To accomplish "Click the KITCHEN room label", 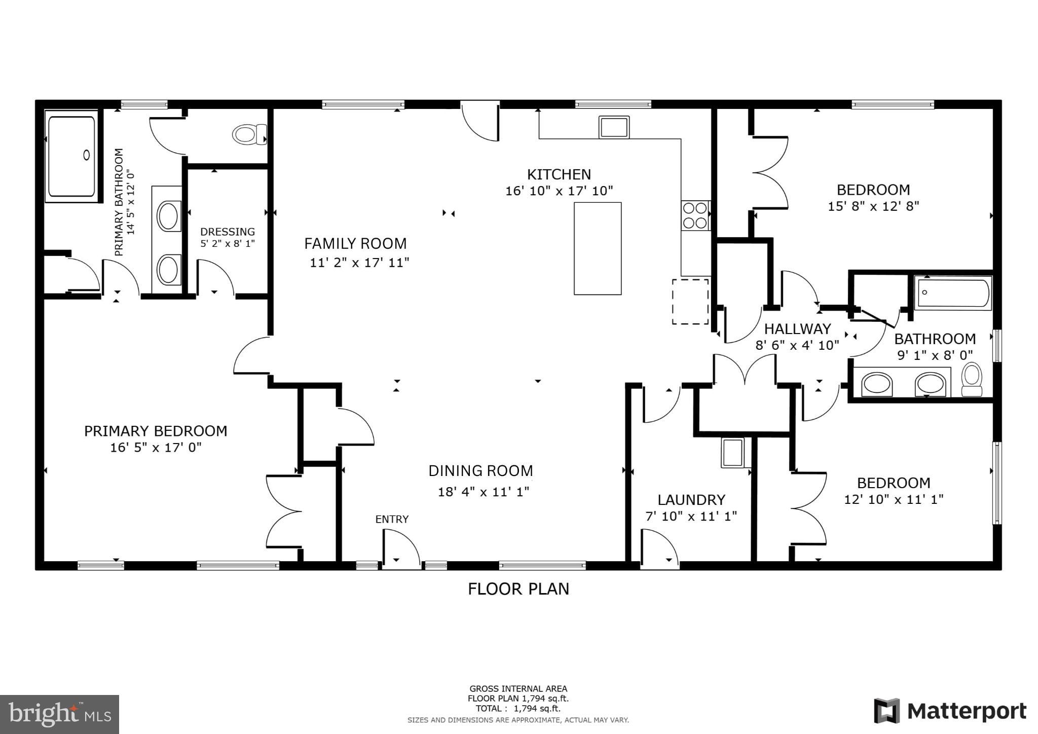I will coord(559,174).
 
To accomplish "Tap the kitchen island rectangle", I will coord(597,248).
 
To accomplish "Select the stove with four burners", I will coord(695,215).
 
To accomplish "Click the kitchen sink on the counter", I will coord(614,127).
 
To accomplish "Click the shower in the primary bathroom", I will coord(71,156).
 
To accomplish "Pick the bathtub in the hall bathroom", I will coord(952,293).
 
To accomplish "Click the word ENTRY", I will coord(391,519).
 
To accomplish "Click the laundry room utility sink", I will coord(732,453).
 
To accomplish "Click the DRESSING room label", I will coord(227,232).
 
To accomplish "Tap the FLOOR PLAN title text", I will coord(518,589).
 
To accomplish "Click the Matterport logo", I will coord(950,711).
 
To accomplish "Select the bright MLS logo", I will coord(59,714).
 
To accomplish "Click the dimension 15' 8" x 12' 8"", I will coord(873,206).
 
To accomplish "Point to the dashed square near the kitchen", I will coord(690,301).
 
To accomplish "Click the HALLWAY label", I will coord(797,328).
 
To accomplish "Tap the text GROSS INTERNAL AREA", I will coord(518,688).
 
